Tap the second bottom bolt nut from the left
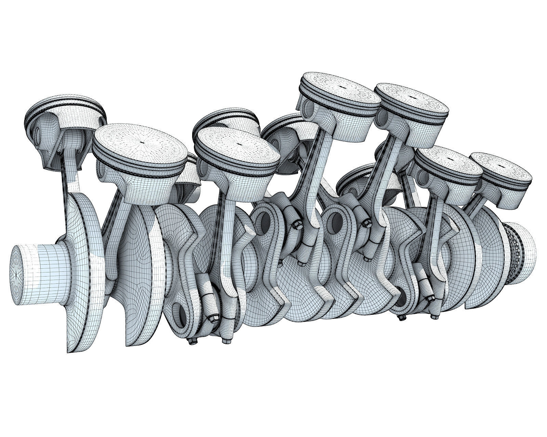click(225, 341)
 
